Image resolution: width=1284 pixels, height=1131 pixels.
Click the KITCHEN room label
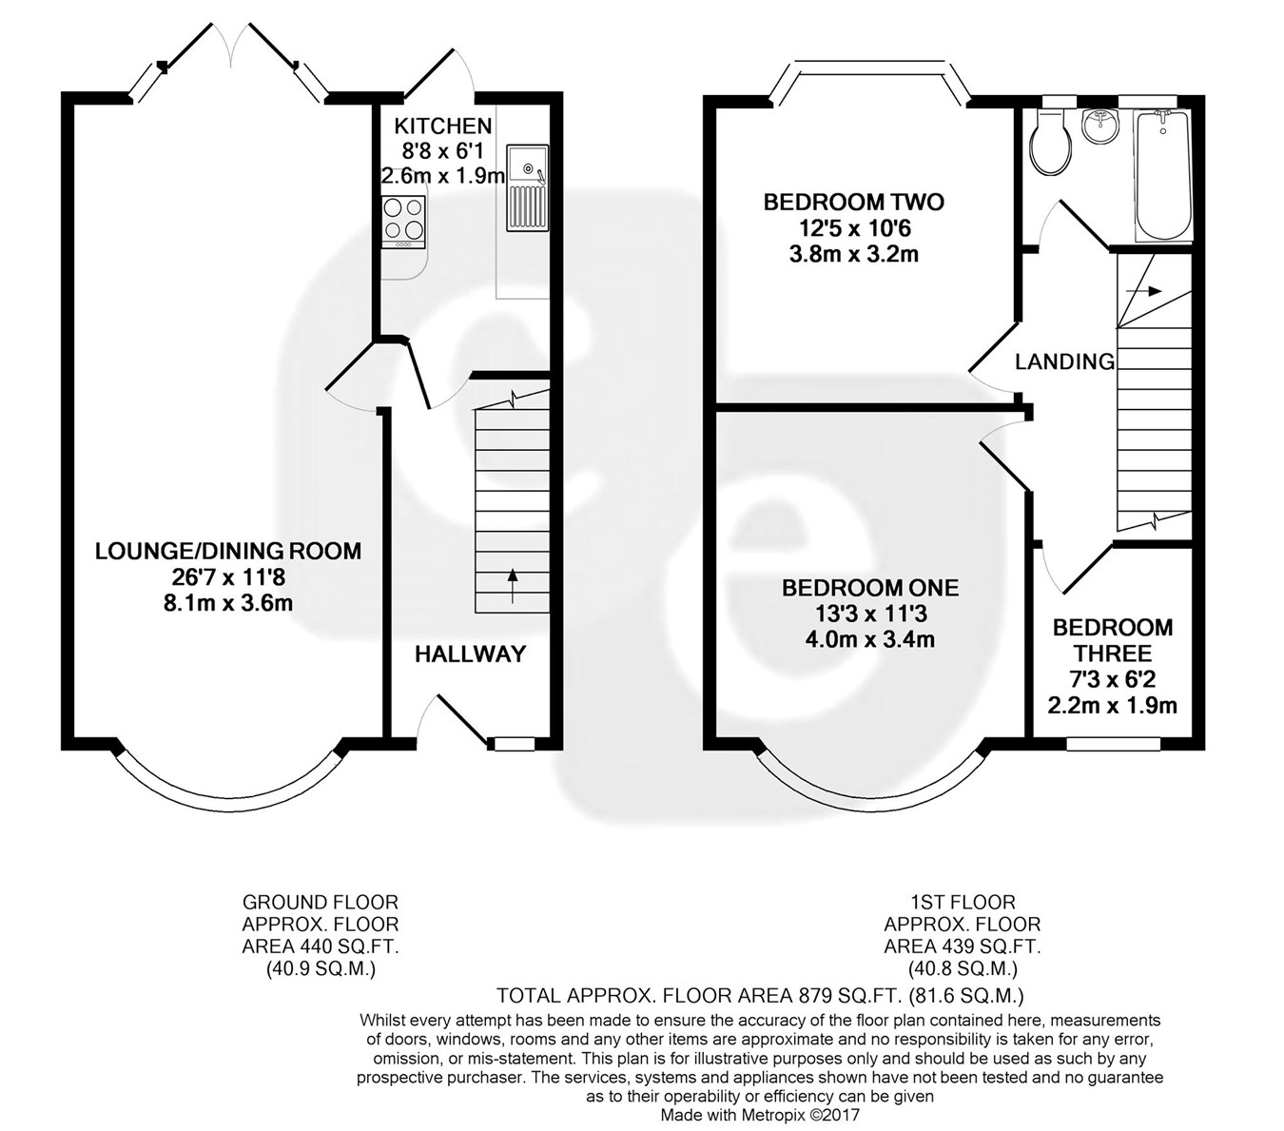click(443, 127)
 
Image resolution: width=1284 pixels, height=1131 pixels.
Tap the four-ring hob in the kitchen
click(403, 223)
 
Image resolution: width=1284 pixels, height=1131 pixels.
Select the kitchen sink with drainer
click(527, 187)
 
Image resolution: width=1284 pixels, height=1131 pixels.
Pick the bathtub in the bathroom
click(1161, 175)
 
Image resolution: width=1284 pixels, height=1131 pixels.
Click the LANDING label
click(1064, 361)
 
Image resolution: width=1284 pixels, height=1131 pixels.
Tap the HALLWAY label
click(470, 653)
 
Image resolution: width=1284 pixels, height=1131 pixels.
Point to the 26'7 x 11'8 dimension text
click(228, 576)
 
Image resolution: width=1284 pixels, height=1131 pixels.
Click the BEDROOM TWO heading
click(854, 203)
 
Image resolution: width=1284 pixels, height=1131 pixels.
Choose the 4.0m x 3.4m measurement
click(870, 639)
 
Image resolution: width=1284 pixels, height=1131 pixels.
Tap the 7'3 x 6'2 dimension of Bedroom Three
click(1113, 679)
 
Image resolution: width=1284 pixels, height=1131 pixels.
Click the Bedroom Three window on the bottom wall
click(1114, 744)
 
